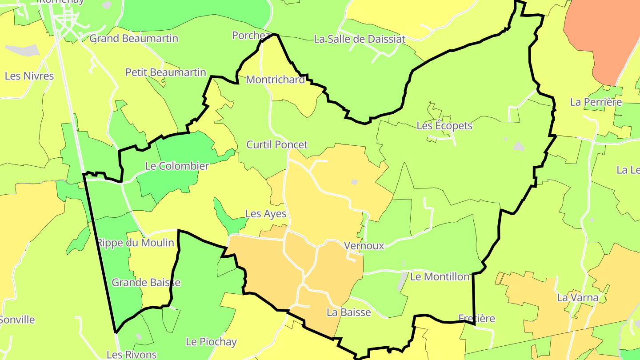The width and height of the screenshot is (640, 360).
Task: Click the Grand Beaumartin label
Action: tap(134, 39)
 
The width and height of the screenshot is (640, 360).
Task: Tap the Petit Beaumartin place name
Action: tap(166, 72)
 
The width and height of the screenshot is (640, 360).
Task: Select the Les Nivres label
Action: tap(29, 76)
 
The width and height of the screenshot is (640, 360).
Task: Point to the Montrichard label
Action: tap(276, 80)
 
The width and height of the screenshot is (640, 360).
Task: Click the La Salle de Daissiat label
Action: tap(360, 39)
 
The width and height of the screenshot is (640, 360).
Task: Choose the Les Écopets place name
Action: tap(444, 126)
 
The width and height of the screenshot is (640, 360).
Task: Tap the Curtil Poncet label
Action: tap(277, 144)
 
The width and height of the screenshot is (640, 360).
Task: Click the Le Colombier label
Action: tap(177, 166)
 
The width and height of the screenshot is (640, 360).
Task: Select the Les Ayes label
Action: tap(266, 214)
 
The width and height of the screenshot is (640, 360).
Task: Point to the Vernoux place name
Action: tap(364, 246)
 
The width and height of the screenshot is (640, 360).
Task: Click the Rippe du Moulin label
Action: tap(136, 243)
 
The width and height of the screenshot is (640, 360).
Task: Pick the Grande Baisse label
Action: tap(146, 283)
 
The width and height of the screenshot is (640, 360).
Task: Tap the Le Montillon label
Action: tap(440, 277)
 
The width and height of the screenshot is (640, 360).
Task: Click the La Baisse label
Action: tap(349, 312)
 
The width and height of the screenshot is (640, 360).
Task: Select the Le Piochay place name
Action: tap(211, 342)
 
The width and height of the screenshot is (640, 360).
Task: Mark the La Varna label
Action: tap(578, 298)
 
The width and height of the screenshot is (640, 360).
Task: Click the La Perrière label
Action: tap(596, 102)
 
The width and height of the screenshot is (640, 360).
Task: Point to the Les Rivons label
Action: tap(132, 355)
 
